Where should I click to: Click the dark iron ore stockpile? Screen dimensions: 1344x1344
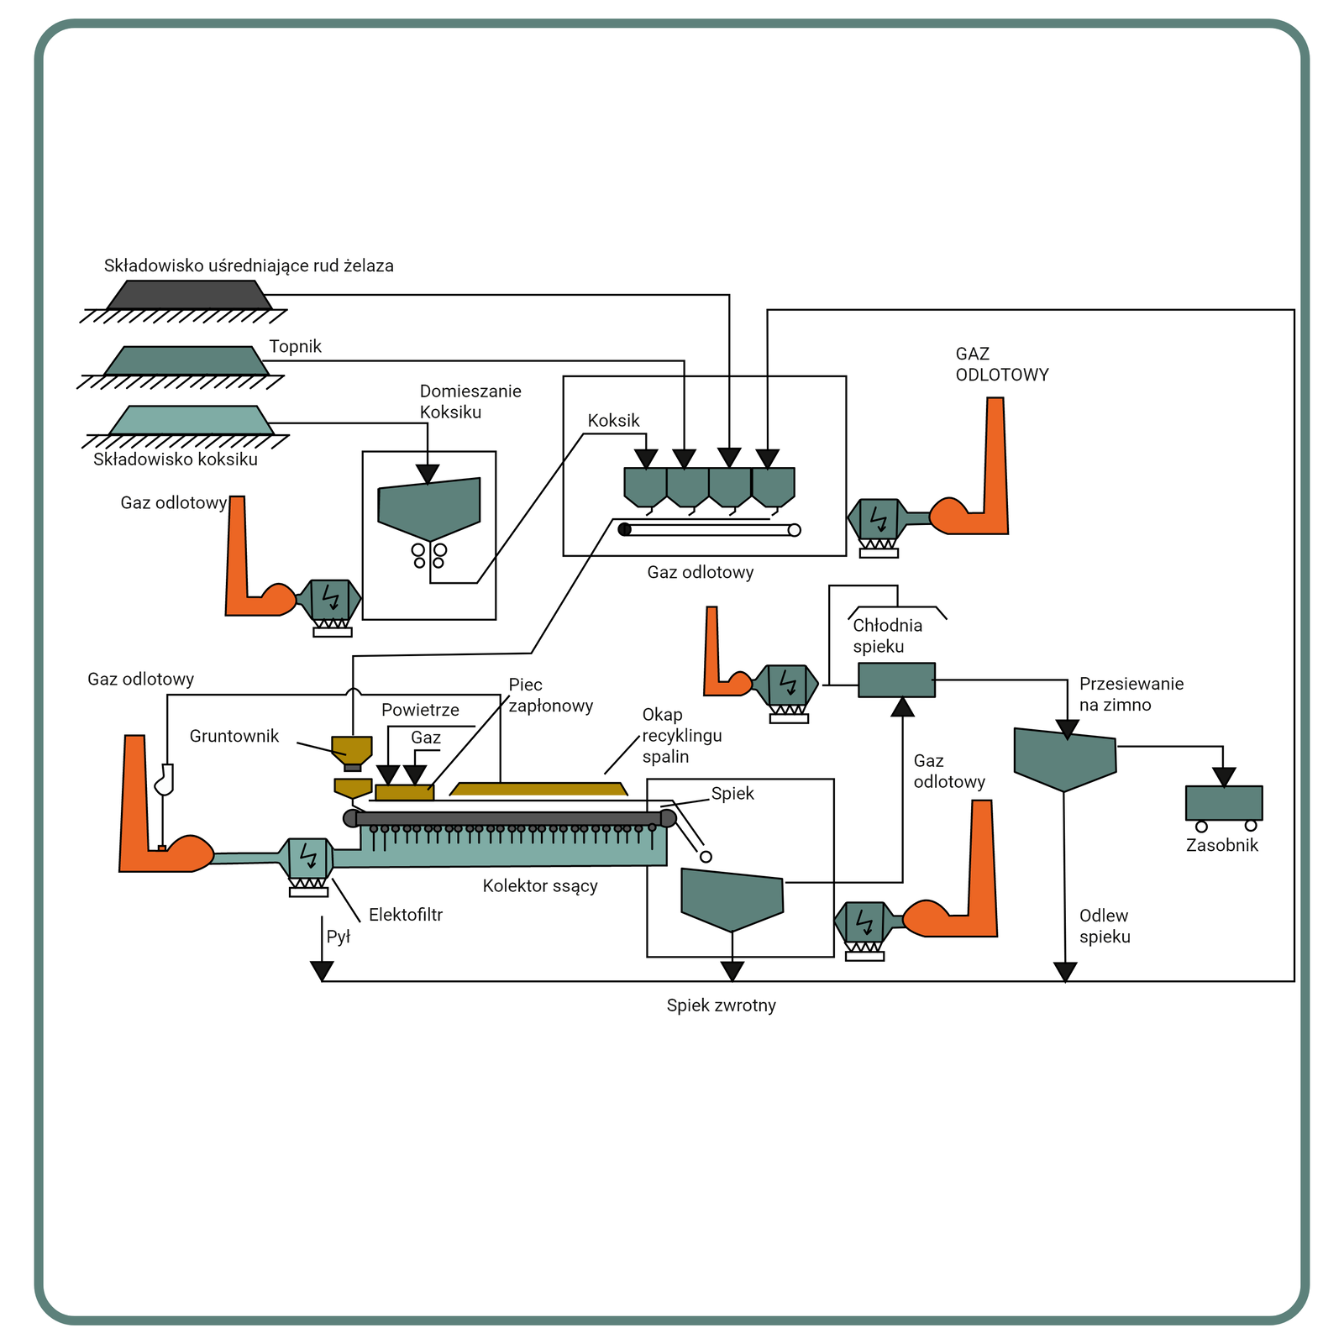coord(189,295)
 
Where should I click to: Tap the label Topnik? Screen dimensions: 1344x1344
coord(295,347)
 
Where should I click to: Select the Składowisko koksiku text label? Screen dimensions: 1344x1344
coord(176,459)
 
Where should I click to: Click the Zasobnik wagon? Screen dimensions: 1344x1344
coord(1223,804)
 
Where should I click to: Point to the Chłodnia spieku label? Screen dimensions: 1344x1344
coord(887,636)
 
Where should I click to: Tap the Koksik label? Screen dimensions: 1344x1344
coord(613,421)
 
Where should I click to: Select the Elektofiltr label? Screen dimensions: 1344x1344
coord(405,915)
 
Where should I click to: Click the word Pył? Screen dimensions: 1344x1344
coord(338,937)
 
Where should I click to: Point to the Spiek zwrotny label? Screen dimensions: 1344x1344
coord(721,1005)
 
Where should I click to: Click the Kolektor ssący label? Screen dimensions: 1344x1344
coord(540,885)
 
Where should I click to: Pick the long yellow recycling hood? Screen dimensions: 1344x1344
coord(538,789)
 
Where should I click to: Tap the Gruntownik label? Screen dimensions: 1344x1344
coord(234,737)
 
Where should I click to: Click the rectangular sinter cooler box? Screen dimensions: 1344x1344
coord(896,680)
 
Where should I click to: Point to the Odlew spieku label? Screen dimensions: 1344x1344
coord(1105,927)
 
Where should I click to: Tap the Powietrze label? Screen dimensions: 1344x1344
coord(420,711)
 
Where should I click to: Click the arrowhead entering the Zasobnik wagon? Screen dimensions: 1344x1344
coord(1224,777)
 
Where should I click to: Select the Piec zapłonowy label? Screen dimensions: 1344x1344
coord(550,696)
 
